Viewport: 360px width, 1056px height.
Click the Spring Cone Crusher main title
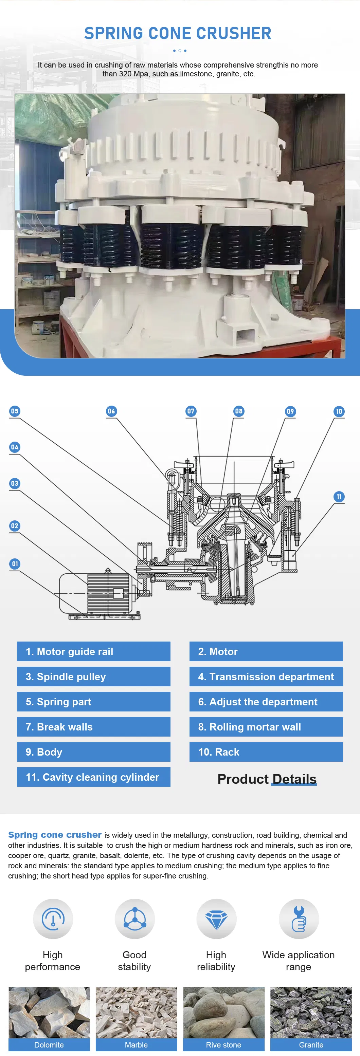tap(178, 33)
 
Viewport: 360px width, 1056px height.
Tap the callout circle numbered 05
tap(15, 411)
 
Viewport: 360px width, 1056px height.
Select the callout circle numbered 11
tap(339, 497)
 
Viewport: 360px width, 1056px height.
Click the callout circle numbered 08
tap(239, 411)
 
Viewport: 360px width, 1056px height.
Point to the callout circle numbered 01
tap(15, 564)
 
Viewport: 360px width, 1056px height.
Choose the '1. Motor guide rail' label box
tap(93, 651)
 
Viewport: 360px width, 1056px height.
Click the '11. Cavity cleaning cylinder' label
tap(93, 777)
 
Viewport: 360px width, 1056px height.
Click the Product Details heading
tap(267, 779)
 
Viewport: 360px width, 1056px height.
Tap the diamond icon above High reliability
tap(216, 920)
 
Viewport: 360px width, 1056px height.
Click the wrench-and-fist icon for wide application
tap(299, 920)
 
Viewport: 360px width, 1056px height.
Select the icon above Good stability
tap(134, 920)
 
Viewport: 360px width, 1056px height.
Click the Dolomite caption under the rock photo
tap(49, 1044)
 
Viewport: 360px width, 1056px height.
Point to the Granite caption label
tap(311, 1044)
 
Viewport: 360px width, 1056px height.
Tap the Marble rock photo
tap(136, 1013)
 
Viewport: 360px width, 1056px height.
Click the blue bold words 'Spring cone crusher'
tap(55, 835)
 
